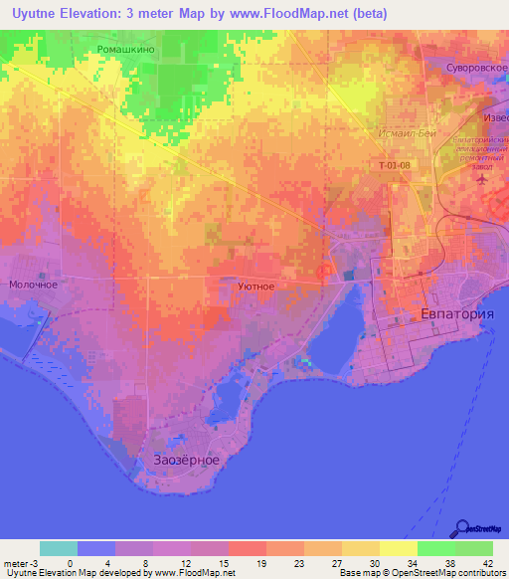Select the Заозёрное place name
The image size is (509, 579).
coord(187,461)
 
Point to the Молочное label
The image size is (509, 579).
coord(33,285)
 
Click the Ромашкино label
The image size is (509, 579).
coord(125,48)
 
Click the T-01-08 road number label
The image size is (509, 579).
coord(394,165)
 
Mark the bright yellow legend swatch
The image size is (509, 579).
coord(399,548)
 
